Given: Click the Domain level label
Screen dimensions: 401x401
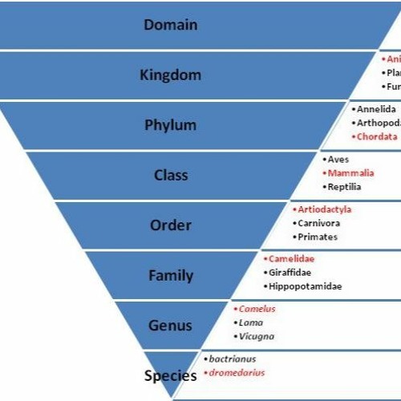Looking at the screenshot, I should coord(170,25).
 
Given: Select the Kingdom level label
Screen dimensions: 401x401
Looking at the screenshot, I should coord(170,75).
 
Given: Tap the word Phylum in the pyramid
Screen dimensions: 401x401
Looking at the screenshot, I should coord(170,125).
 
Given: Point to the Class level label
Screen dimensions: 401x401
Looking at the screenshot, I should coord(170,175).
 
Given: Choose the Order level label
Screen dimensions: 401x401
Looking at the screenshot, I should coord(170,225).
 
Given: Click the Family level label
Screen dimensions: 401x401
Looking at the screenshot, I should coord(170,276).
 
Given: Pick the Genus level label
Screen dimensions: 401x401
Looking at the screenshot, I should coord(170,326).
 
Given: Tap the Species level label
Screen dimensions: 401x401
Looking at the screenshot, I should coord(170,375).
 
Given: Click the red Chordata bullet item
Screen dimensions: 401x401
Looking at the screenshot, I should coord(376,137).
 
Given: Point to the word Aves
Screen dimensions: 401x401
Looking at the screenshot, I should coord(338,160).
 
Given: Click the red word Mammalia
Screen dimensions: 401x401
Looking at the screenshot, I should coord(350,173).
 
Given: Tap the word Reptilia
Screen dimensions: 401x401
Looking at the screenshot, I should coord(345,187).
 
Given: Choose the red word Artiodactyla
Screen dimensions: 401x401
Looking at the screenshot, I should coord(324,209).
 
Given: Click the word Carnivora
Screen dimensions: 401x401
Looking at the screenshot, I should coord(318,223).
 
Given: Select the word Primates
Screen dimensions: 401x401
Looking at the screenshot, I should coord(317,237).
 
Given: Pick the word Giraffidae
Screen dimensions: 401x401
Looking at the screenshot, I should coord(290,272).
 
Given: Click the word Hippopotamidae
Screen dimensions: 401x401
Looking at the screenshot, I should coord(306,286).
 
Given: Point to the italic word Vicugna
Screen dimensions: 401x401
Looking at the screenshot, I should coord(257,336).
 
